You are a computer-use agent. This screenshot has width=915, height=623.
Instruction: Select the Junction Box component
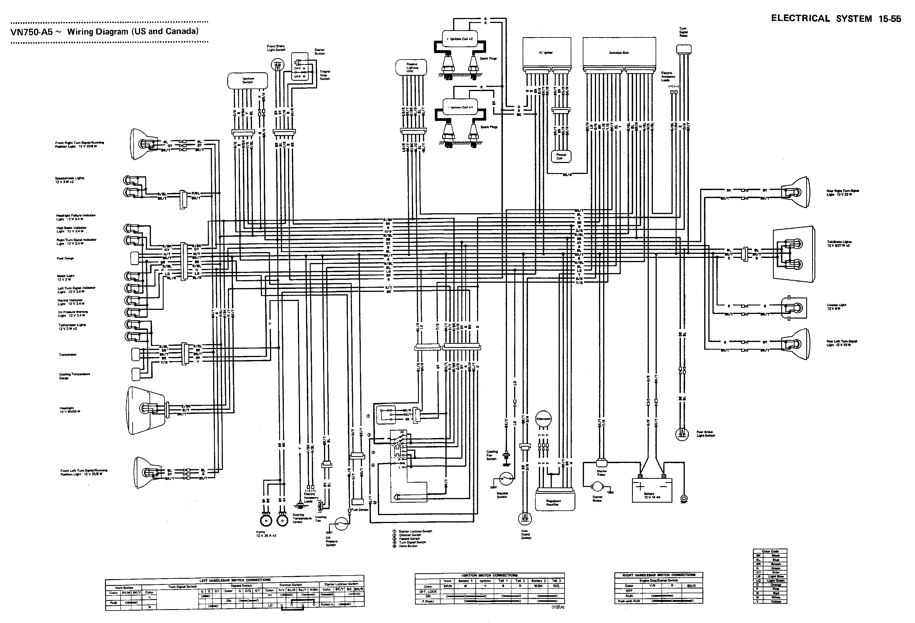(619, 52)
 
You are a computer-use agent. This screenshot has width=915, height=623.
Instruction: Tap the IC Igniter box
(546, 52)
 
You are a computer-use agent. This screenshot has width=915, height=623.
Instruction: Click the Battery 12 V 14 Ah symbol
(651, 490)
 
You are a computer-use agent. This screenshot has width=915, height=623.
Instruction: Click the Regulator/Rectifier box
(555, 500)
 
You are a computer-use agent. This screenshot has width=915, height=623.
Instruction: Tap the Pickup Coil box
(561, 156)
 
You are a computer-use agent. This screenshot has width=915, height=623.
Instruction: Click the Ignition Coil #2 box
(460, 39)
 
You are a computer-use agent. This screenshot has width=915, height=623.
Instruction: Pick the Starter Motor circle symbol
(597, 488)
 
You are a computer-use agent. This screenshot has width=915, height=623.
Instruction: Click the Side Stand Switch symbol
(524, 518)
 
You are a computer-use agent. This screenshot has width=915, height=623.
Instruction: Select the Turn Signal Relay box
(684, 50)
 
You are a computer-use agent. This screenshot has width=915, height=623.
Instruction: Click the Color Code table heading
(770, 551)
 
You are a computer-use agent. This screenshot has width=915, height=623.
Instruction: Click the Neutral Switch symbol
(506, 479)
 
